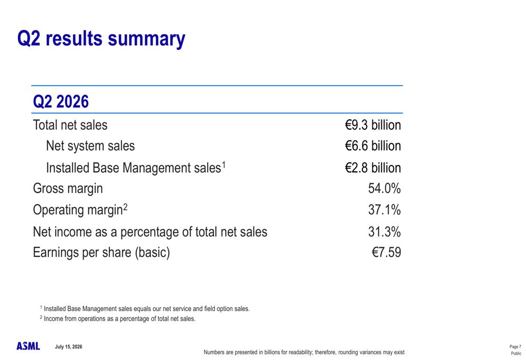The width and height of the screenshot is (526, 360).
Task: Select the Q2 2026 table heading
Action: pos(60,101)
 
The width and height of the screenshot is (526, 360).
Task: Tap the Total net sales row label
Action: pos(70,125)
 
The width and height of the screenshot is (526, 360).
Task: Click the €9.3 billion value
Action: pos(373,125)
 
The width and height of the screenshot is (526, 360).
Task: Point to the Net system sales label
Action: pos(90,146)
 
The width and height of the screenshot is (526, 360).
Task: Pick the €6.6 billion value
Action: pos(373,146)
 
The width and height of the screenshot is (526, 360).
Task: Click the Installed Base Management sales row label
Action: pos(136,168)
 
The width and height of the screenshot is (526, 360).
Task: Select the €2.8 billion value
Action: pos(373,168)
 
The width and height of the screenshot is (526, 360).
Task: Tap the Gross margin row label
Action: pos(68,189)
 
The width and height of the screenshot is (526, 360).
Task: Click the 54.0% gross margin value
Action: pos(385,188)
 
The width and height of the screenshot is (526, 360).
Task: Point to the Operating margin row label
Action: pos(80,210)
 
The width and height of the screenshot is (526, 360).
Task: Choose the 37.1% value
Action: pos(385,210)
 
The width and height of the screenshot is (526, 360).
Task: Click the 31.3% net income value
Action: pos(385,232)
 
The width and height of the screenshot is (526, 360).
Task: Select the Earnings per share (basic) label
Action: pos(102,252)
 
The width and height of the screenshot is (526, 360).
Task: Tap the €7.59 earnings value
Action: pos(387,252)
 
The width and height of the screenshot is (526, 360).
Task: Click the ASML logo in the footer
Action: pos(28,346)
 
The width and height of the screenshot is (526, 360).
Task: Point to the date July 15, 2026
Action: pos(68,346)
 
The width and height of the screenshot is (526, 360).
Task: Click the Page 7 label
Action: pos(515,346)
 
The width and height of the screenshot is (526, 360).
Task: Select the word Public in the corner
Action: pos(517,353)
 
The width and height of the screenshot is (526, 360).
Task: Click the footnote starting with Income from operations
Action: pos(118,318)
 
